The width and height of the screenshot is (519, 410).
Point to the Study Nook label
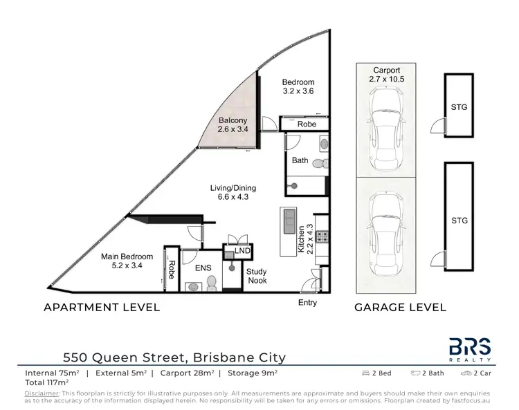click(x=257, y=277)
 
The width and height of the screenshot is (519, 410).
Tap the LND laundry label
click(x=242, y=251)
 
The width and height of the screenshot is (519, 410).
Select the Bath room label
click(x=300, y=160)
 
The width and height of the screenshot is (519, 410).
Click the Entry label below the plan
click(x=307, y=303)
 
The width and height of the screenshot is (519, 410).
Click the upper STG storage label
click(x=459, y=108)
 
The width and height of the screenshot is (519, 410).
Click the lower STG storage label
click(x=459, y=221)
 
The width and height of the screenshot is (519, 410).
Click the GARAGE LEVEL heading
click(x=400, y=307)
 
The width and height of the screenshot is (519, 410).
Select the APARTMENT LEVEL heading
click(x=102, y=307)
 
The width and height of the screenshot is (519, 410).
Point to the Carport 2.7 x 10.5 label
click(x=387, y=75)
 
